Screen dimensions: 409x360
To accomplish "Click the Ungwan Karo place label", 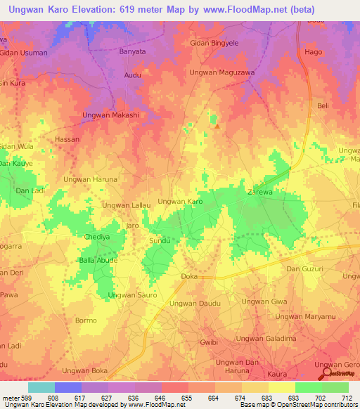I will tap(181, 202).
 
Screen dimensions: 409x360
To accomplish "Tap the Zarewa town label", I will tap(259, 191).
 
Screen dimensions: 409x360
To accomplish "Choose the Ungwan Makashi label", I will tap(110, 115).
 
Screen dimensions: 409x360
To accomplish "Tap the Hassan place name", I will tap(67, 140).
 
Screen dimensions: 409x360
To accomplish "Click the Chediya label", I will tap(97, 237).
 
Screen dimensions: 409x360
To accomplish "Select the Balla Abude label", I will tap(98, 260).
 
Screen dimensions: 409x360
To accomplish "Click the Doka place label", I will tap(189, 277).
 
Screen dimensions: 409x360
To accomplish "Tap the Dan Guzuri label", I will tap(304, 269).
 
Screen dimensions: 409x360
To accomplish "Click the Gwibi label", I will tap(209, 342).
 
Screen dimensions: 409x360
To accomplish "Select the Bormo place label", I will tap(85, 320).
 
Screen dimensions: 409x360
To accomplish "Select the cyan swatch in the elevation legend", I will tap(41, 387).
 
